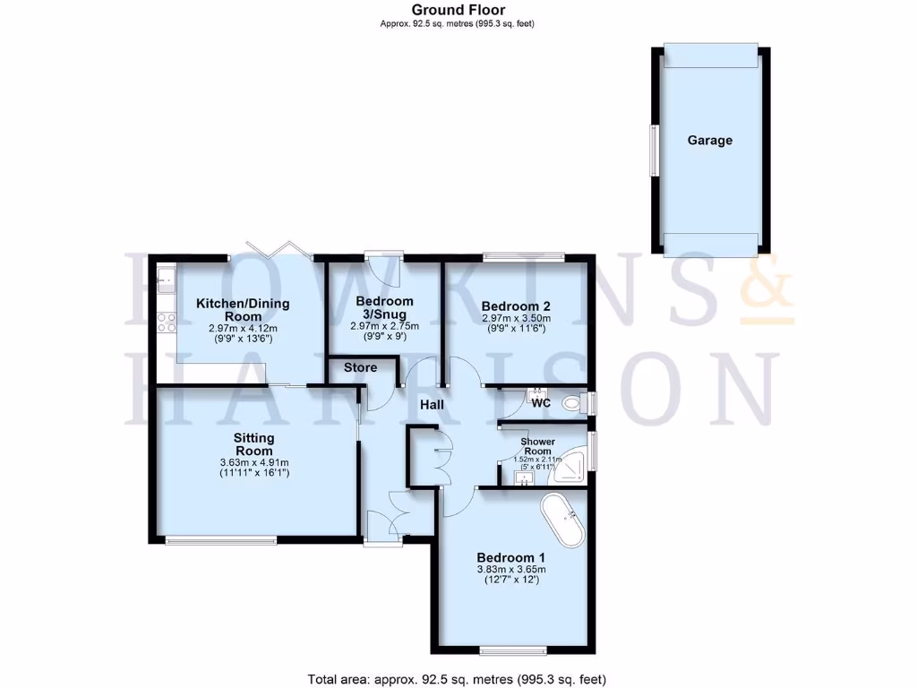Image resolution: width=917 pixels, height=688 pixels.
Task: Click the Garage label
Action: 709,141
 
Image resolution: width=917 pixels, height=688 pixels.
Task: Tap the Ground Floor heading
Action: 458,10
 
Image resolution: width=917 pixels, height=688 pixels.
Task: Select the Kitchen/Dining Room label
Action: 244,310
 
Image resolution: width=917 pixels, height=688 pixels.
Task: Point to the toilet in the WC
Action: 570,404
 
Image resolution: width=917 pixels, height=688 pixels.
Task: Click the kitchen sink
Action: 166,279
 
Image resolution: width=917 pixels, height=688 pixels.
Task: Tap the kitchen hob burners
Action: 166,322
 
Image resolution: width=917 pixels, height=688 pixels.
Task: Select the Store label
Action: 360,367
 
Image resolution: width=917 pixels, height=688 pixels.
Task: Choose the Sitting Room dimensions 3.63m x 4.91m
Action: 253,463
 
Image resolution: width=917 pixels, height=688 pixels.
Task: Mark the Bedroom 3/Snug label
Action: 384,307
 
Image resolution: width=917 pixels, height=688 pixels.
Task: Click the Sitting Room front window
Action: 221,539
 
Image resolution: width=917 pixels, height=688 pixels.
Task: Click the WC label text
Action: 541,403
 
